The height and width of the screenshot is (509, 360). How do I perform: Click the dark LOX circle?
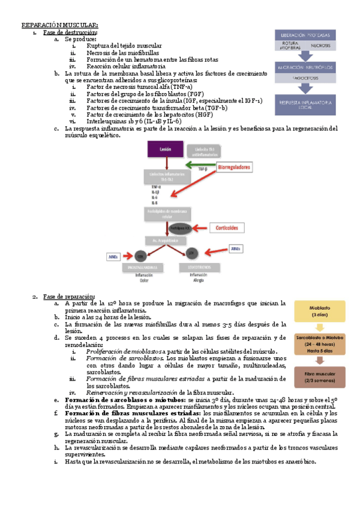point(190,253)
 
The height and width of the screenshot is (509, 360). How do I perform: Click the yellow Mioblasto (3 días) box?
point(322,312)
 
